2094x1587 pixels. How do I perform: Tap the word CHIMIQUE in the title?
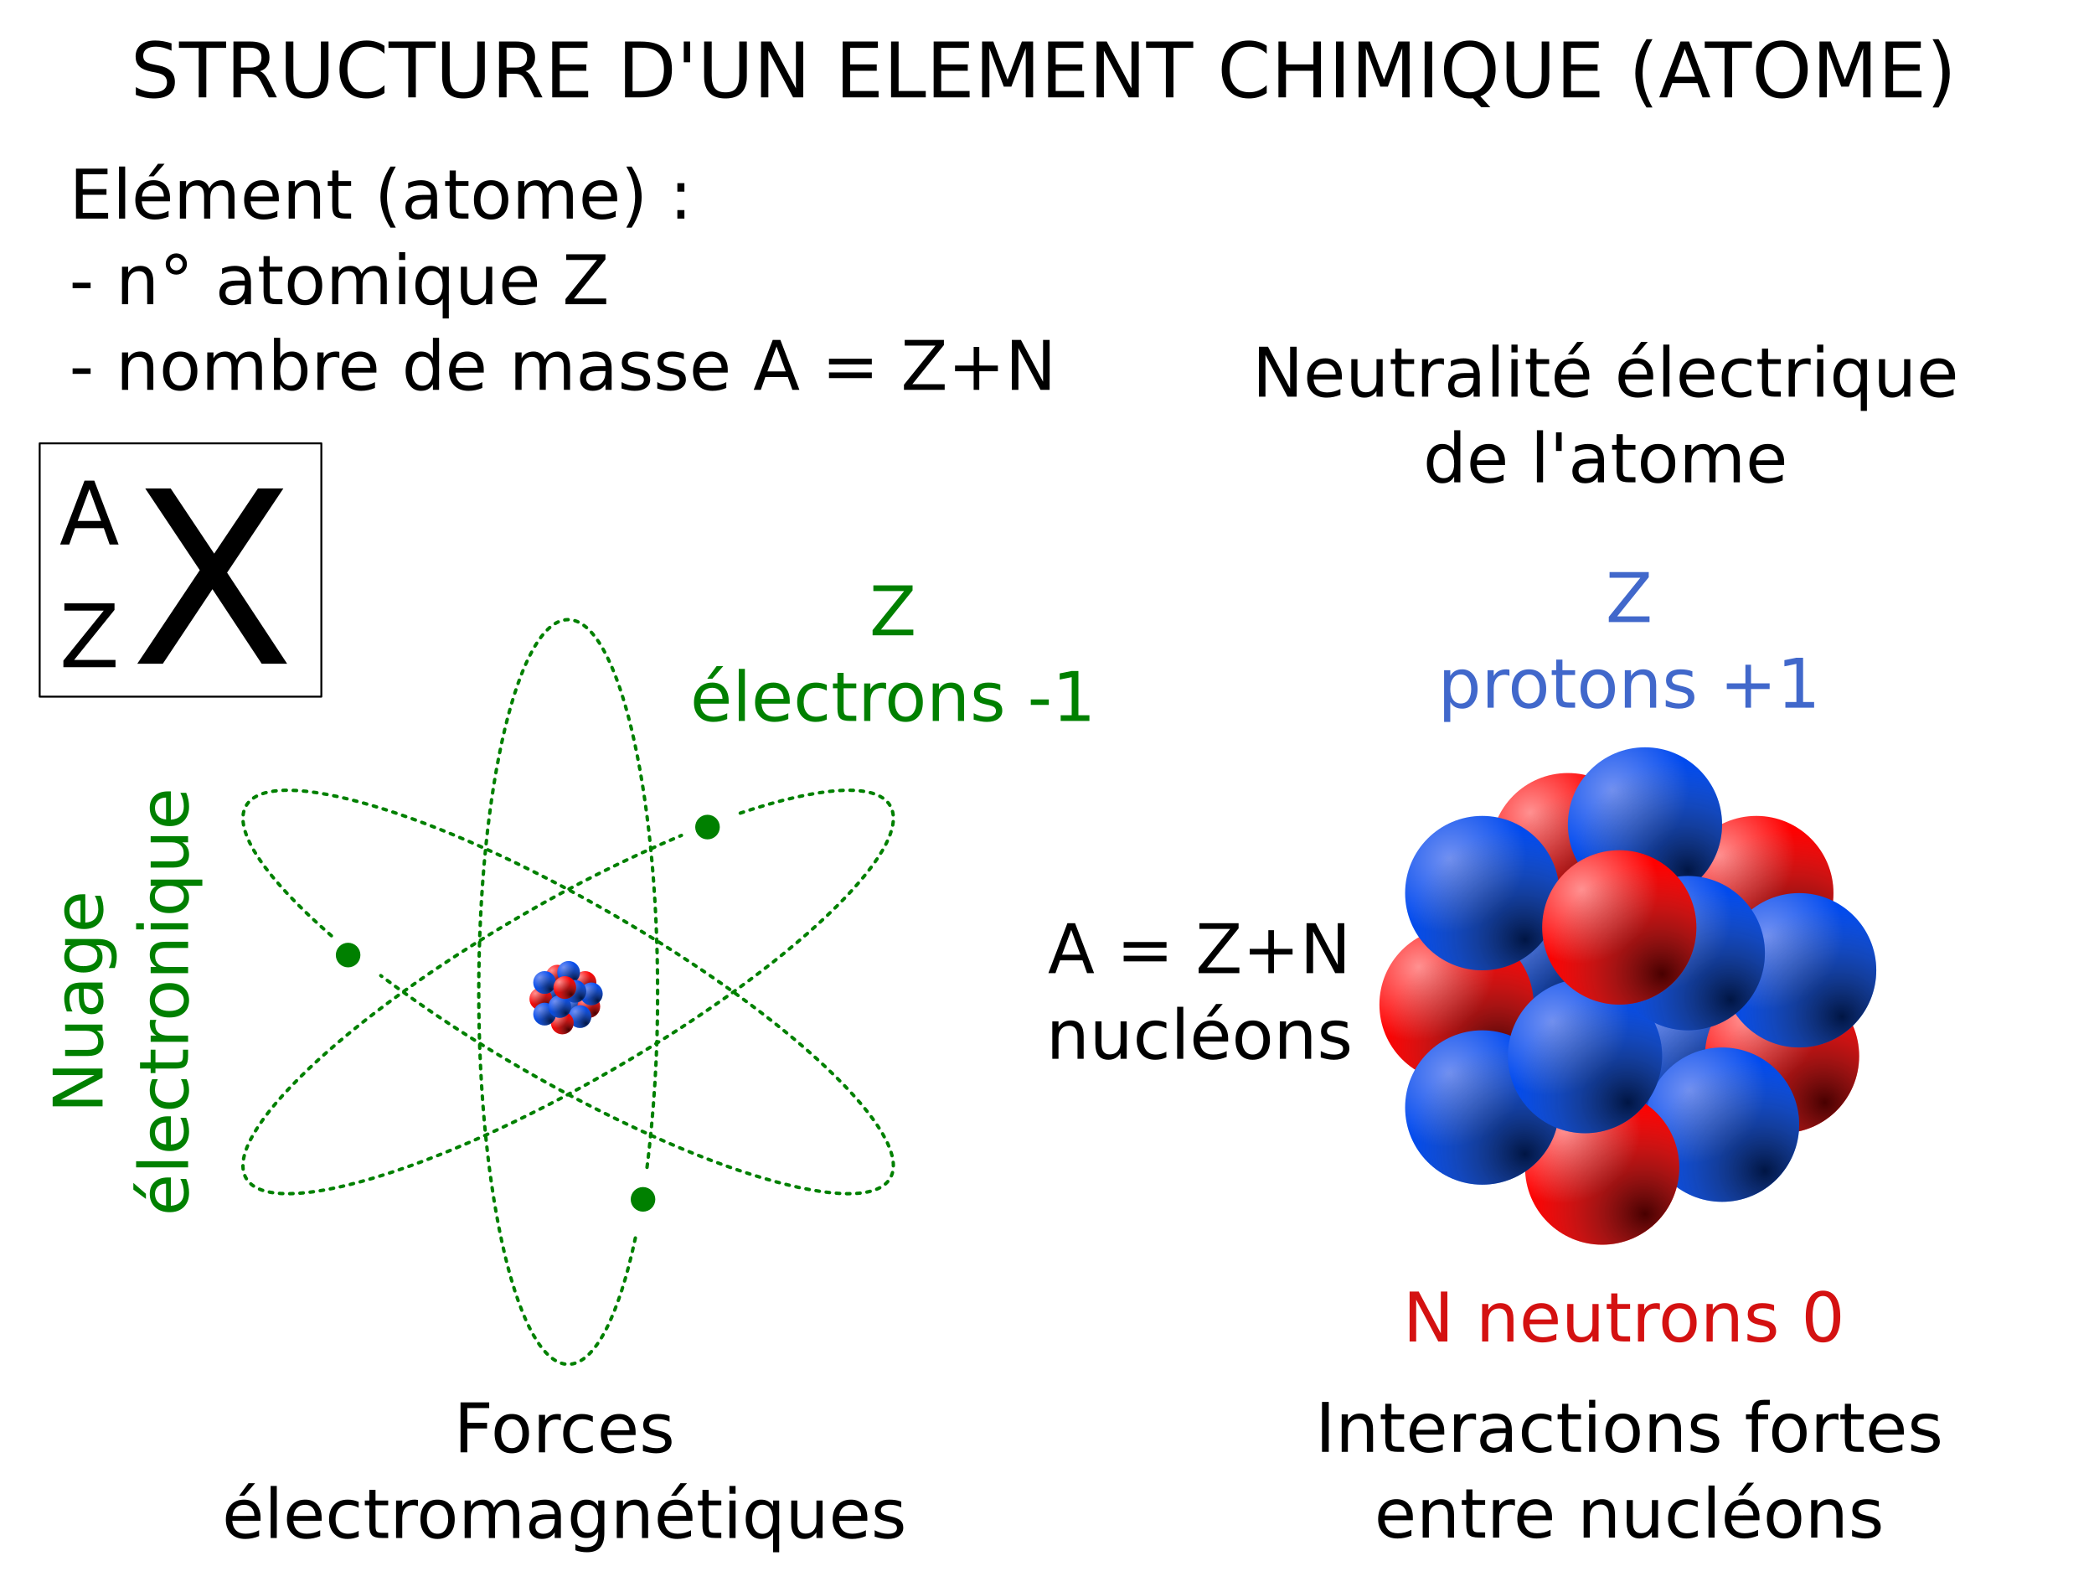point(1410,72)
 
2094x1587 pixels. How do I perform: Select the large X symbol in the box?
point(212,576)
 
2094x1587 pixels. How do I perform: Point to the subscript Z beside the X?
point(89,635)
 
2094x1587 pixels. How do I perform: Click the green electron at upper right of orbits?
point(707,827)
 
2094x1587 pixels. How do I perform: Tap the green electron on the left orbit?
point(348,954)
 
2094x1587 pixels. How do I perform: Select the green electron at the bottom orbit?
point(642,1200)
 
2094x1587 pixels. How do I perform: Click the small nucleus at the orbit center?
point(566,997)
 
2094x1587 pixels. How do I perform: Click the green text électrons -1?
point(892,698)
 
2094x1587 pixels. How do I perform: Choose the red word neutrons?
point(1627,1318)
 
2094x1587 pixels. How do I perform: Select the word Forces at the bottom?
point(565,1429)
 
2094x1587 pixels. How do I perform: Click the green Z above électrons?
point(893,612)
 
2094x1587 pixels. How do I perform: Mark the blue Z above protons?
point(1628,597)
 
